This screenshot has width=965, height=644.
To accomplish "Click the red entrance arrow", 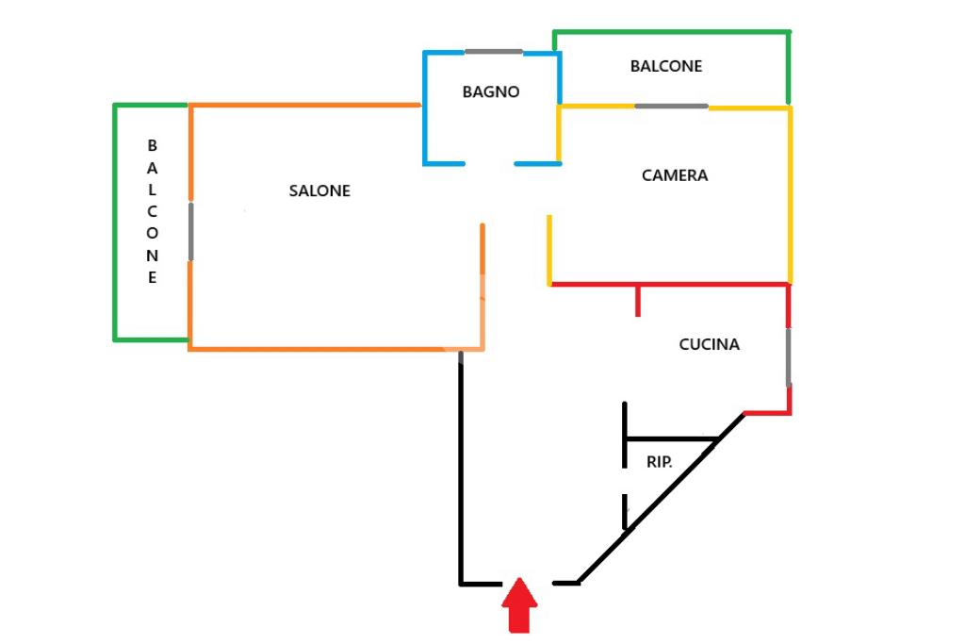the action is click(x=519, y=605).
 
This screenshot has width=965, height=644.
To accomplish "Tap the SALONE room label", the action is click(x=319, y=190).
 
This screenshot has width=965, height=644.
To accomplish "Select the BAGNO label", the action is click(x=491, y=91).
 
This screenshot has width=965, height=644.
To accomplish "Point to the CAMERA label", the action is click(x=675, y=175).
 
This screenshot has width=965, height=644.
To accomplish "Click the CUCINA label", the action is click(x=710, y=344).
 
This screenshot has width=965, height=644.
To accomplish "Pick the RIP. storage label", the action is click(x=659, y=462).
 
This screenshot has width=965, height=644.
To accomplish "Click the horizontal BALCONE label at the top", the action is click(x=666, y=66).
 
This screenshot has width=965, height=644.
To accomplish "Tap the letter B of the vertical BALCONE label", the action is click(x=153, y=146).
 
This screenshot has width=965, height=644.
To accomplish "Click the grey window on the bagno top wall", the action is click(x=494, y=51).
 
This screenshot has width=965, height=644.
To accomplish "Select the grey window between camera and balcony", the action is click(x=671, y=106).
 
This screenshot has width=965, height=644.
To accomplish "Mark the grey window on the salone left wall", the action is click(x=191, y=230).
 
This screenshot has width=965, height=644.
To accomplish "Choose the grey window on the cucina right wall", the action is click(x=789, y=356).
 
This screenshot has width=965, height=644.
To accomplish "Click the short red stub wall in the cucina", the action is click(x=638, y=300).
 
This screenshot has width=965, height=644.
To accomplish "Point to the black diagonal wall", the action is click(x=660, y=500).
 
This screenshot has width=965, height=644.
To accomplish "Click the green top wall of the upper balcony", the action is click(x=671, y=32).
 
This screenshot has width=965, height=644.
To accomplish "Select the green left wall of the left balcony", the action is click(x=115, y=222).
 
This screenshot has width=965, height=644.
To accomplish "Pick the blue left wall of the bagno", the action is click(x=425, y=107).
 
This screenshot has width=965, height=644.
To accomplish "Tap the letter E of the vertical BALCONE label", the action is click(x=153, y=277).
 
